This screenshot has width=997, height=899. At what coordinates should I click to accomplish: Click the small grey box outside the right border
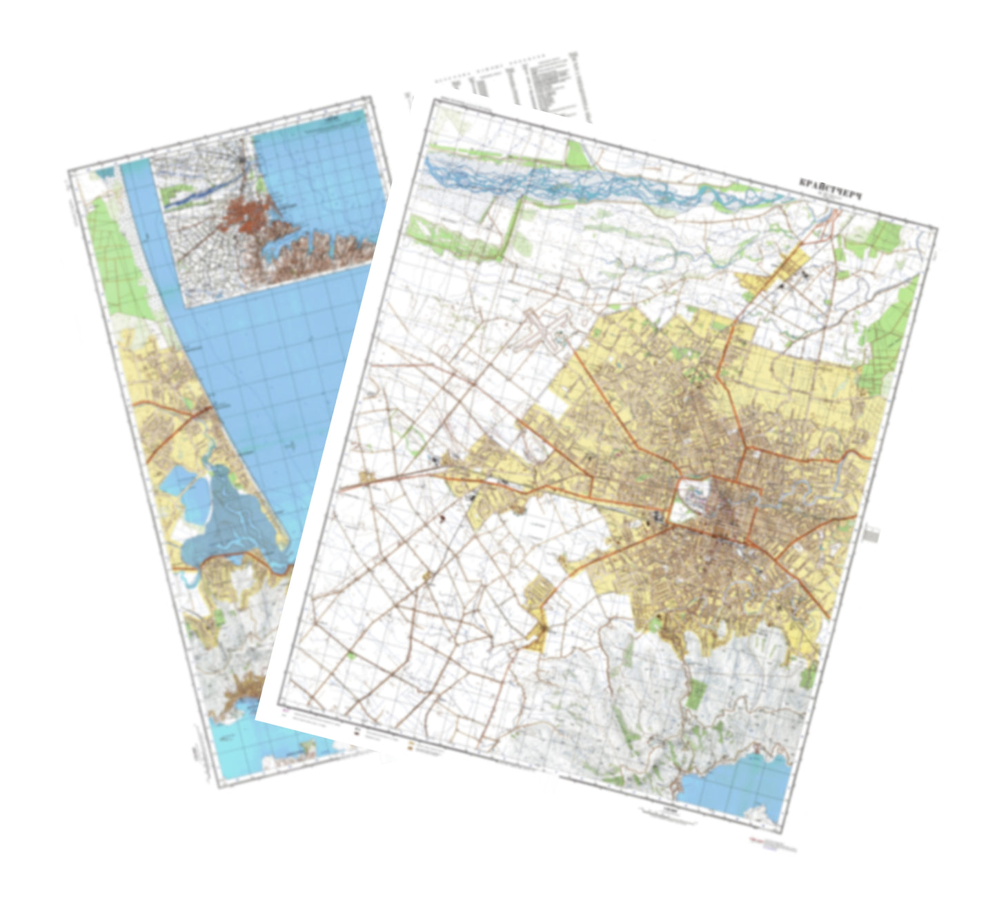(871, 534)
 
